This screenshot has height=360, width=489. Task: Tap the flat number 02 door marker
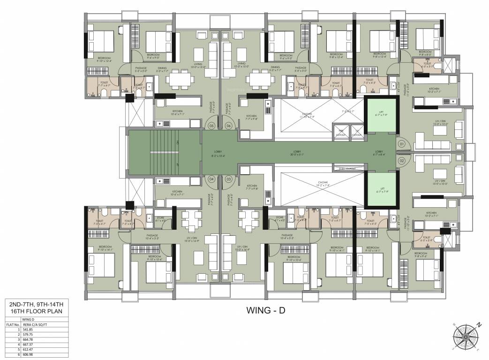(x=401, y=161)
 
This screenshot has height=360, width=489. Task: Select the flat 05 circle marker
(x=211, y=126)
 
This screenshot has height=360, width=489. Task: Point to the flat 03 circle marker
(x=229, y=179)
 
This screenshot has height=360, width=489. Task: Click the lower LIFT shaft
(x=381, y=189)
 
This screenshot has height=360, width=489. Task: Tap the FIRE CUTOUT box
(x=340, y=132)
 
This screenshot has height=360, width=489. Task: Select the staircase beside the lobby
(x=164, y=152)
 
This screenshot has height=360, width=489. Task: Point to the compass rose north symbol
(x=479, y=324)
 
